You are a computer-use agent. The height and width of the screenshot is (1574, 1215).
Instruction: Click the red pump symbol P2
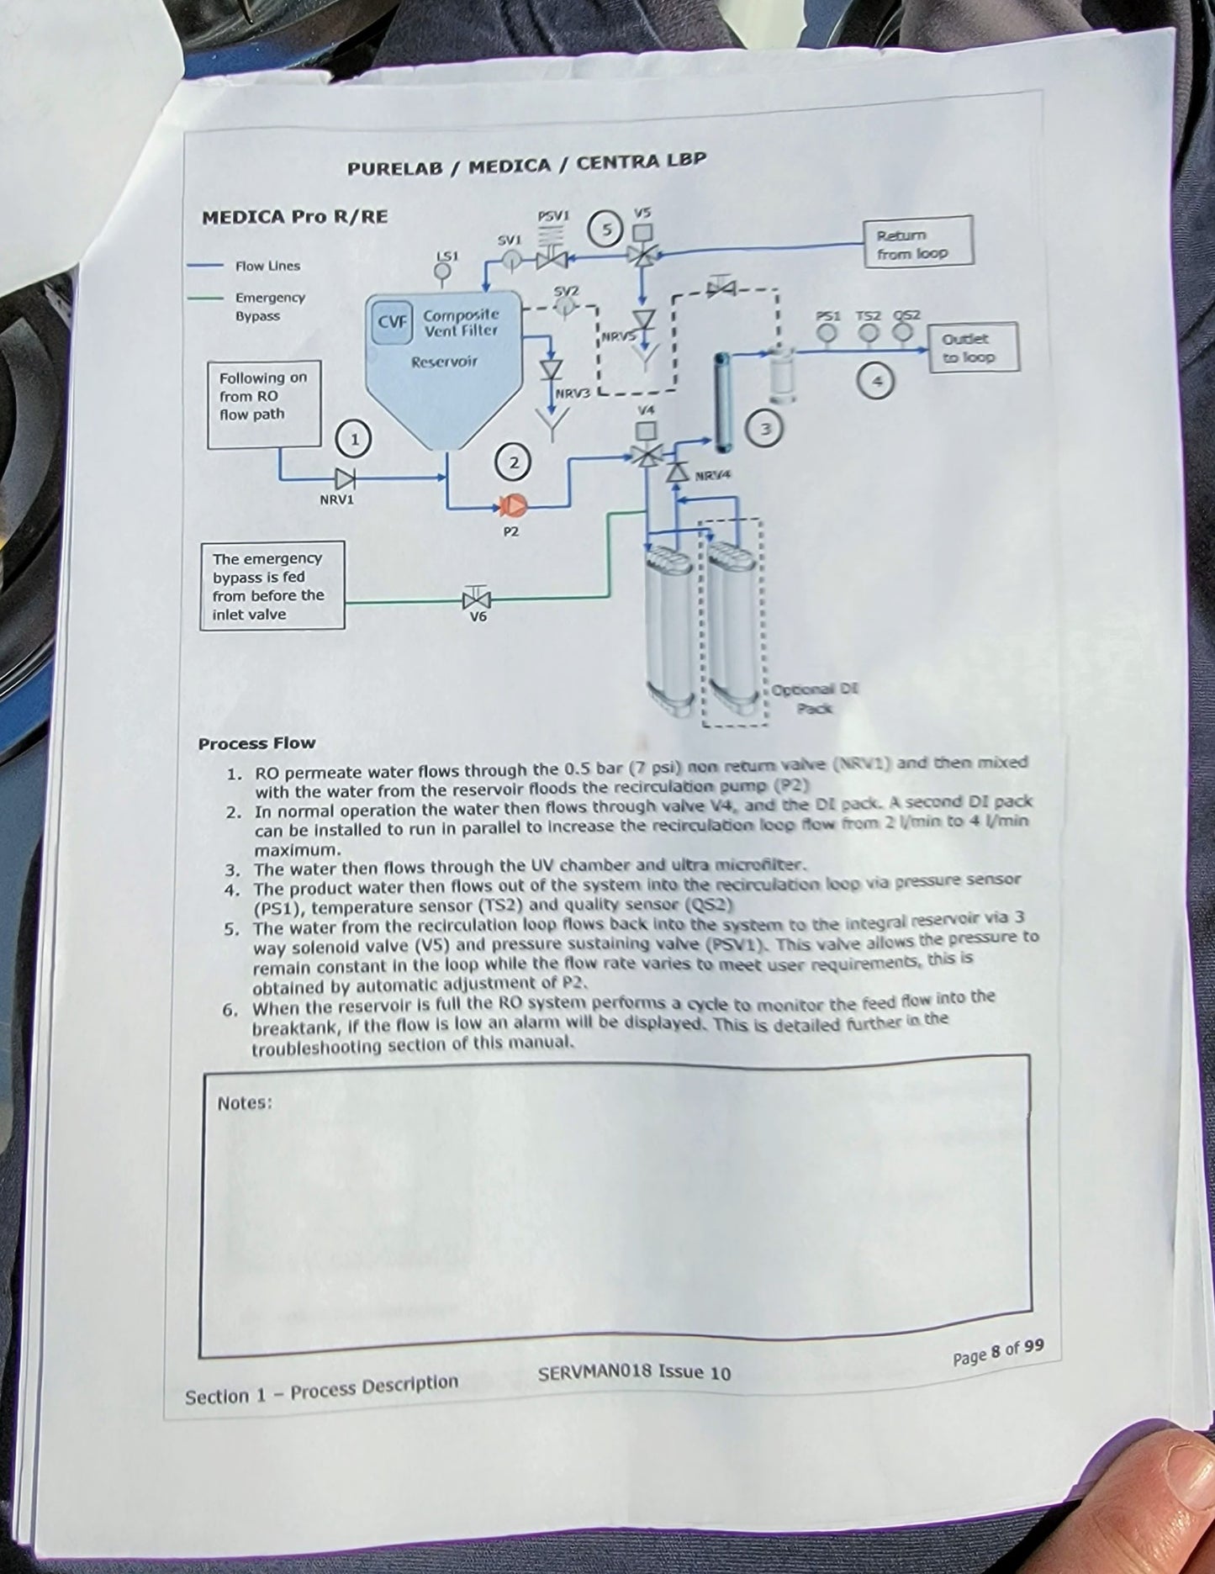(512, 505)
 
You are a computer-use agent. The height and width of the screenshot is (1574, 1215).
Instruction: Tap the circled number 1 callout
(354, 439)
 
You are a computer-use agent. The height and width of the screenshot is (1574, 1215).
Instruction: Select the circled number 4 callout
(877, 382)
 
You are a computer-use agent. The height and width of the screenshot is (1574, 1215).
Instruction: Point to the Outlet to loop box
(973, 347)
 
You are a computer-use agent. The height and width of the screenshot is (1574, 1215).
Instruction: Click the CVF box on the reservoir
(392, 322)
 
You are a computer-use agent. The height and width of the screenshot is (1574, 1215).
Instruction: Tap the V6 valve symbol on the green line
(477, 599)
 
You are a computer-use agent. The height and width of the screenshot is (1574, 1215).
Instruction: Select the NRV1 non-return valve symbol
(345, 478)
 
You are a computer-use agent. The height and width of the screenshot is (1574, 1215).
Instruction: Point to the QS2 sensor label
(906, 315)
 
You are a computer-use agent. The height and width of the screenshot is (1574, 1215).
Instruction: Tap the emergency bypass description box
(272, 585)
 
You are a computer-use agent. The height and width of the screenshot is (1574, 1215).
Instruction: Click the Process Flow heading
(256, 743)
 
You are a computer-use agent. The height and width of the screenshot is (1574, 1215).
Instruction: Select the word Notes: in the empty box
(245, 1103)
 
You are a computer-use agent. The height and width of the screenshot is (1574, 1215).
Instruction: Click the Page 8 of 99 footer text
(998, 1351)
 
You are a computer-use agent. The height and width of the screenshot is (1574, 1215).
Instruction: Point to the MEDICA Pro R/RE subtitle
(294, 217)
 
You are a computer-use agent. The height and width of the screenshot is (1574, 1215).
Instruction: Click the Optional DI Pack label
(814, 699)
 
